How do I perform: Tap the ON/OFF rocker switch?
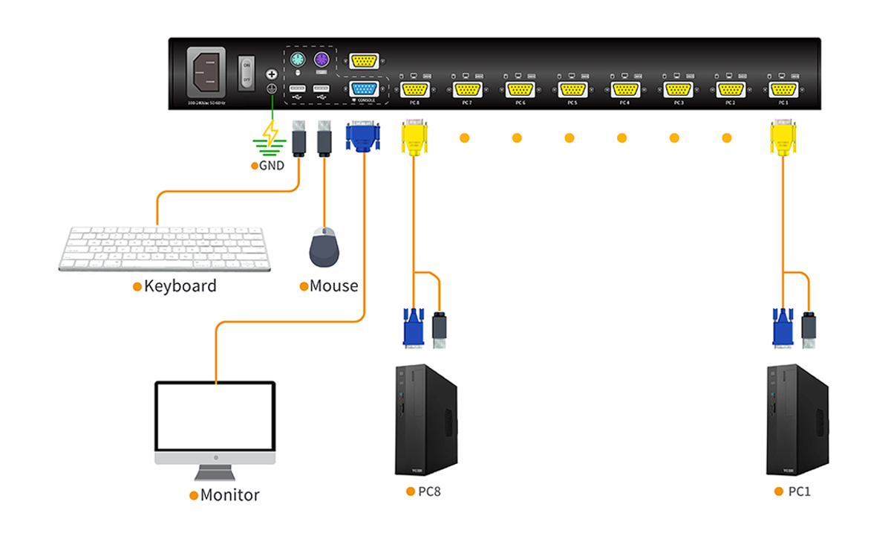[x=246, y=71]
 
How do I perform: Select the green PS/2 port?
[x=296, y=59]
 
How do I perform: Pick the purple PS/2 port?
[x=322, y=59]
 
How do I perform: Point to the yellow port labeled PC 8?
[x=414, y=89]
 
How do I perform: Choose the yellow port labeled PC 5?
[x=572, y=89]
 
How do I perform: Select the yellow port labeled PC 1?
[x=783, y=89]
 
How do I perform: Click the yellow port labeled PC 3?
[x=677, y=89]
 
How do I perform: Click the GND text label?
[x=271, y=166]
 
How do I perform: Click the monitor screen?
[x=215, y=417]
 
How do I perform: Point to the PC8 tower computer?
[x=425, y=420]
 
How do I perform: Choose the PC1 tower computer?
[x=797, y=420]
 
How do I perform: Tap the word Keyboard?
[x=180, y=286]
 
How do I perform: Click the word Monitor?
[x=229, y=495]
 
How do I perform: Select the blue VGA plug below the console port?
[x=363, y=137]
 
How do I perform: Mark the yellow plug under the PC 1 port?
[x=783, y=138]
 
